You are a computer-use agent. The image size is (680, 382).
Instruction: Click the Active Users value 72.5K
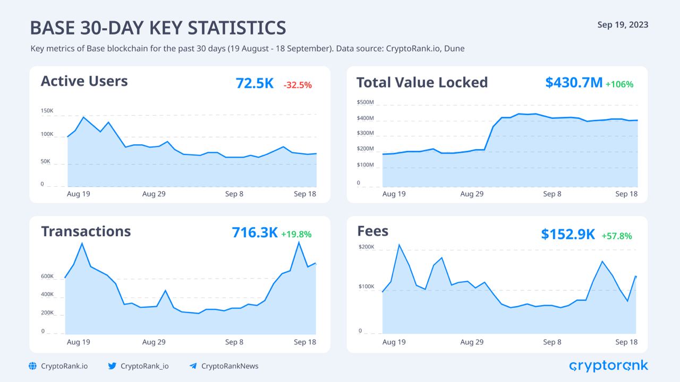[x=254, y=83]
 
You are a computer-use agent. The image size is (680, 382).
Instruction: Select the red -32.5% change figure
[x=297, y=84]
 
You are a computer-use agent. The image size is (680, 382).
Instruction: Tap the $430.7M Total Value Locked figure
[x=574, y=82]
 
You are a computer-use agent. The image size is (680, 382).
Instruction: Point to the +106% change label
[x=619, y=84]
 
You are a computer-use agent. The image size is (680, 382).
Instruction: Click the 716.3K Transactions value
[x=254, y=232]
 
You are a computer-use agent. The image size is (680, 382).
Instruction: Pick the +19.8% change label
[x=296, y=234]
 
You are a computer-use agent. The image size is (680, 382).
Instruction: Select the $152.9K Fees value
[x=568, y=234]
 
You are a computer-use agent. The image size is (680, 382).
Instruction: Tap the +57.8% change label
[x=617, y=236]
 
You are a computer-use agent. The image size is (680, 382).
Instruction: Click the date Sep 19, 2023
[x=623, y=25]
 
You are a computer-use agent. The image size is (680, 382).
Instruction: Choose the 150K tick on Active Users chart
[x=47, y=111]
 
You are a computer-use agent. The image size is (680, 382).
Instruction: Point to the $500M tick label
[x=365, y=102]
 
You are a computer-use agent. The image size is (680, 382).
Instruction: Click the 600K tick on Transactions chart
[x=47, y=276]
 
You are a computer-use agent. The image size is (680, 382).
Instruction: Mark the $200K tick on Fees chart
[x=367, y=247]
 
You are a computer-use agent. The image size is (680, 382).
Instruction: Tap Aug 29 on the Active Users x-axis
[x=154, y=194]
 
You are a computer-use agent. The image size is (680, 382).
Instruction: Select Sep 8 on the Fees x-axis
[x=552, y=342]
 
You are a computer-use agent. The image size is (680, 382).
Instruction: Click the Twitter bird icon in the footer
[x=112, y=366]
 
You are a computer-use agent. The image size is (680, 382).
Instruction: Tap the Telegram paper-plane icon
[x=193, y=366]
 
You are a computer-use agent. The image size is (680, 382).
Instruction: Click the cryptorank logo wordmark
[x=608, y=366]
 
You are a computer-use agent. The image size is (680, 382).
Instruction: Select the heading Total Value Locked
[x=422, y=82]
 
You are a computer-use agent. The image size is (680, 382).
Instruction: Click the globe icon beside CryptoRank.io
[x=33, y=366]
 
